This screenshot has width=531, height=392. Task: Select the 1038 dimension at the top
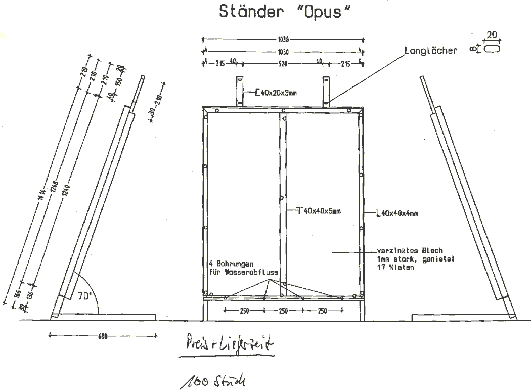tap(283, 38)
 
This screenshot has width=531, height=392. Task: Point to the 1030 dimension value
tap(283, 51)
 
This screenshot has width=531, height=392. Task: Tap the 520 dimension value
tap(283, 64)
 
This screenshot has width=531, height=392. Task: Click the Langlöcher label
tap(431, 51)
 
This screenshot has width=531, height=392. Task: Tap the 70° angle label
tap(84, 296)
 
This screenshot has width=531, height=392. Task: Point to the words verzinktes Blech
tap(410, 250)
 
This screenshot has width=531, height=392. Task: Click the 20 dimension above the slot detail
tap(491, 35)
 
